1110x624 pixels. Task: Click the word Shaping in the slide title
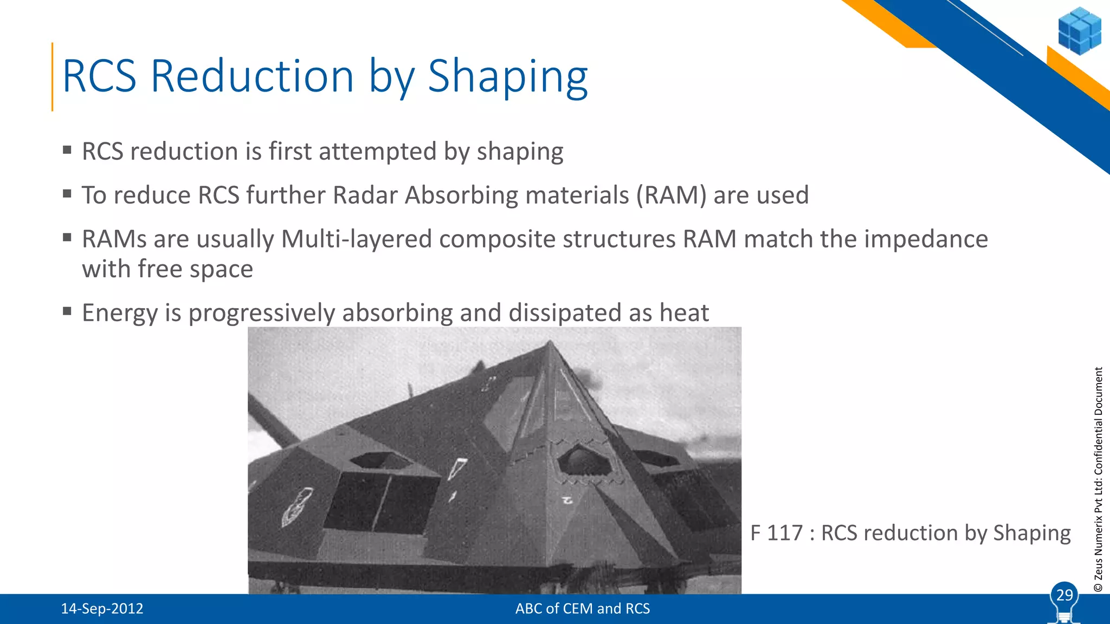click(x=507, y=77)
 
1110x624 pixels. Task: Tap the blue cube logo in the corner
click(x=1079, y=30)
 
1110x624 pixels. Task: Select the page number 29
click(x=1064, y=595)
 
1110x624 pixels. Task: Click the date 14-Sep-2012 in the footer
click(x=102, y=609)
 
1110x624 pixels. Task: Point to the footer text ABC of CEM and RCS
click(x=582, y=609)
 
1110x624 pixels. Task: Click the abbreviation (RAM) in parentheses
click(x=671, y=196)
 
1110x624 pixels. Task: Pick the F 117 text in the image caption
click(x=776, y=533)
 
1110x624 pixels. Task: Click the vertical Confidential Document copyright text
click(x=1098, y=479)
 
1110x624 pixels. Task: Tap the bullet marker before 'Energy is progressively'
click(x=67, y=311)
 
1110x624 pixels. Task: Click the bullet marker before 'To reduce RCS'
click(x=67, y=194)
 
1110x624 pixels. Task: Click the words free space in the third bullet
click(x=195, y=269)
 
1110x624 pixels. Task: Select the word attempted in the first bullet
click(x=377, y=152)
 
